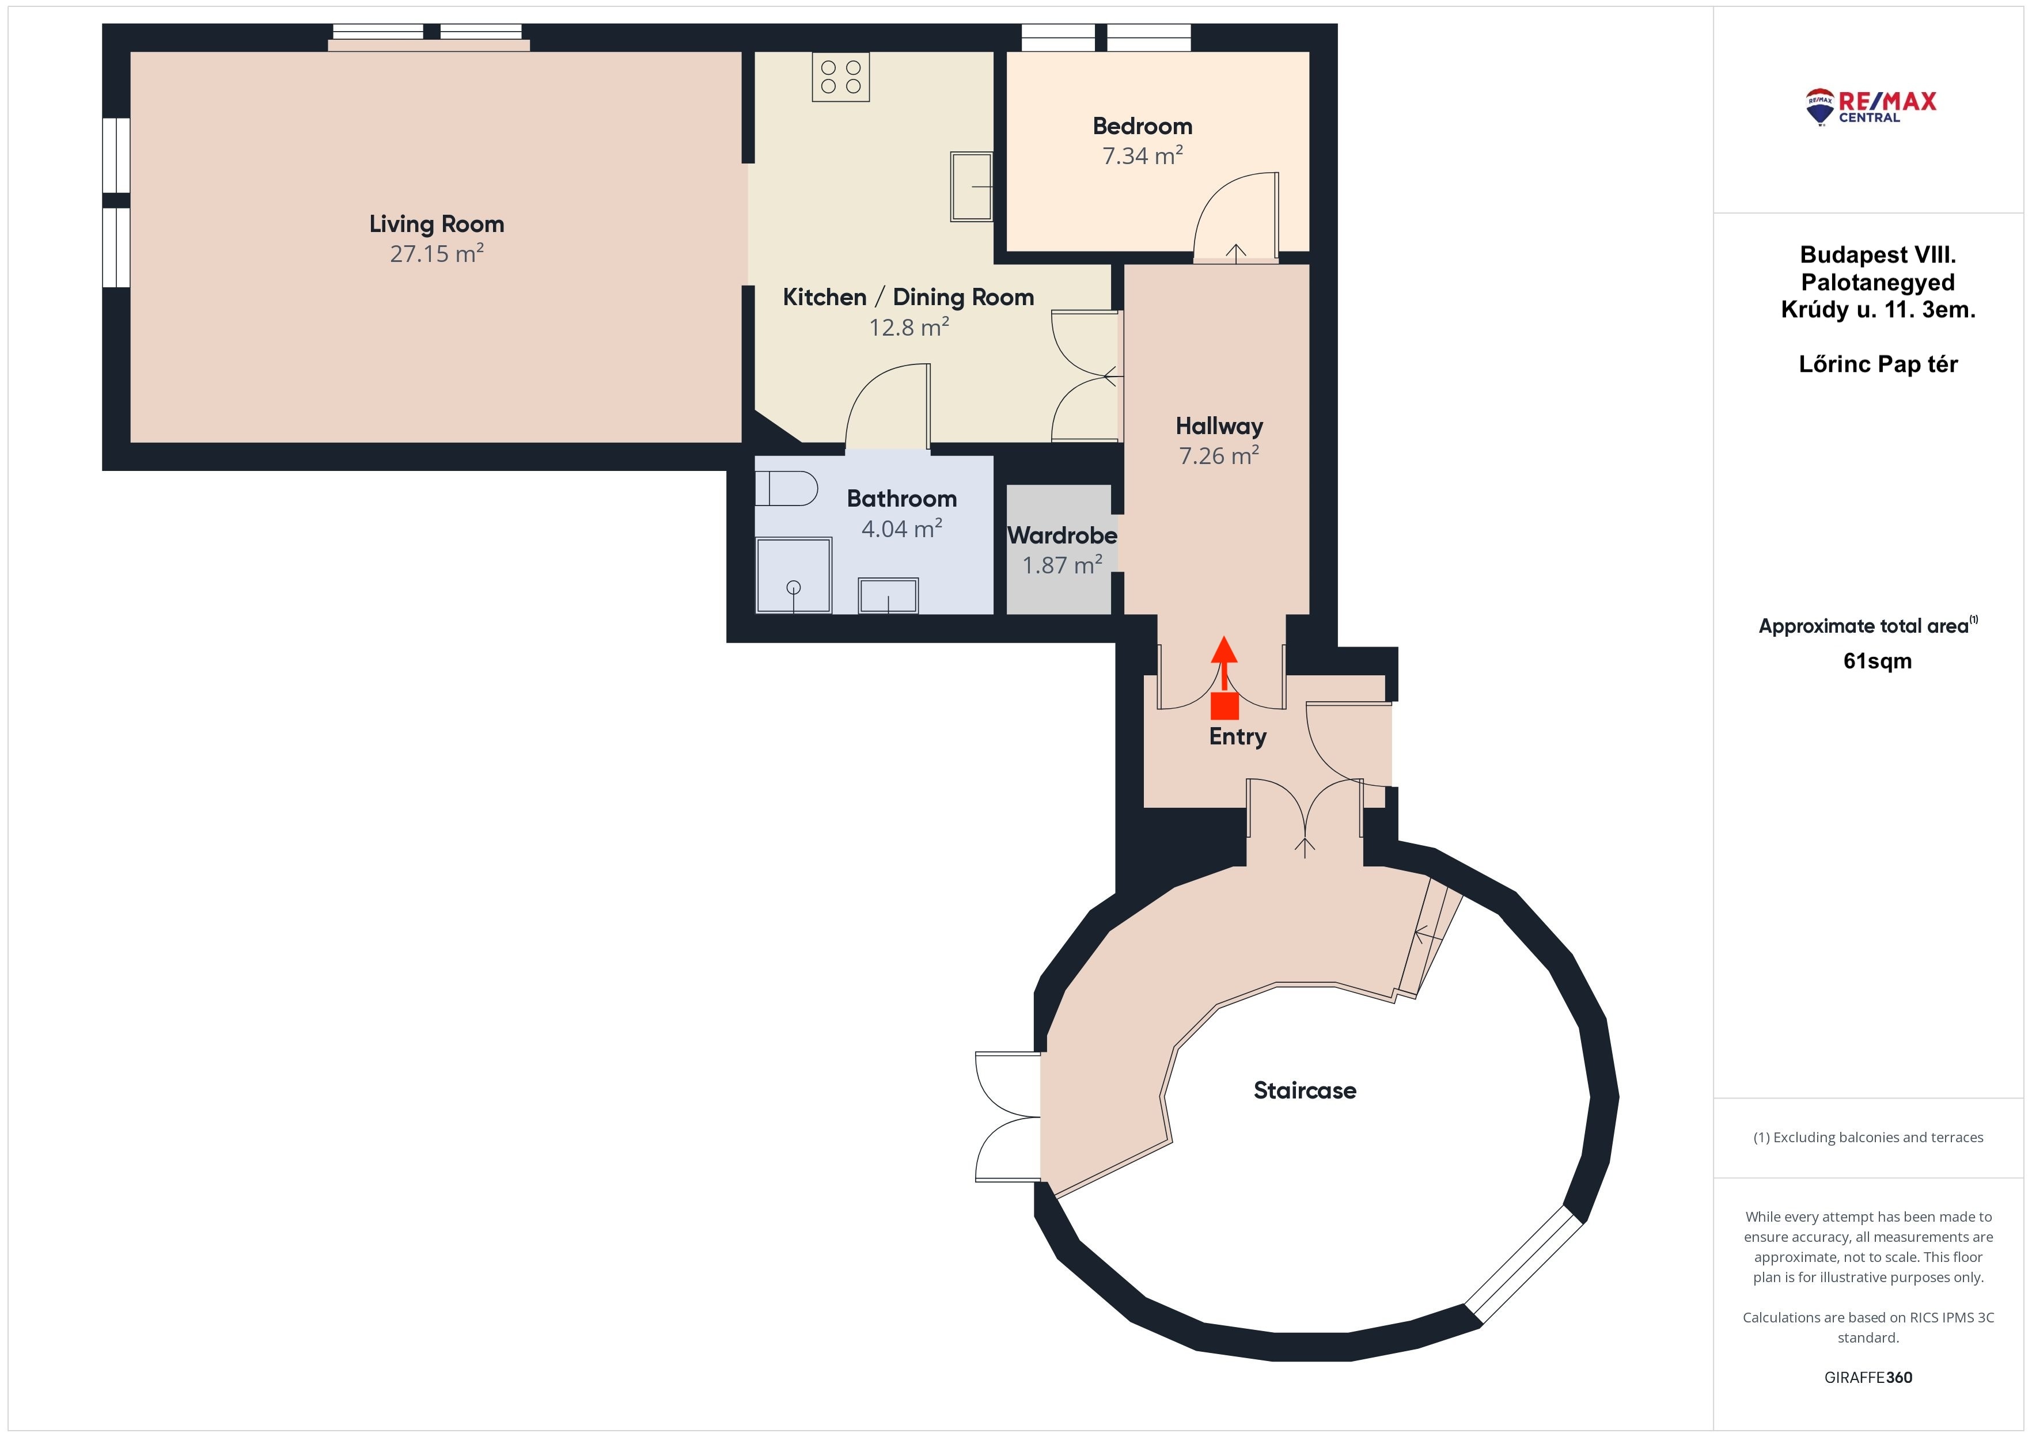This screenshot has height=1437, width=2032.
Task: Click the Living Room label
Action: [x=437, y=225]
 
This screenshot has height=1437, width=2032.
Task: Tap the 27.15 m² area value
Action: [x=437, y=254]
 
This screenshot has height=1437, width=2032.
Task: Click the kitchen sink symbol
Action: [x=971, y=187]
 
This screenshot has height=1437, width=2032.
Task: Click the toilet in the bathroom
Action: [x=786, y=488]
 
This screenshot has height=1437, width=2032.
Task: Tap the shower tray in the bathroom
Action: [x=793, y=575]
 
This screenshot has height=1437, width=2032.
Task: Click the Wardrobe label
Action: [x=1062, y=535]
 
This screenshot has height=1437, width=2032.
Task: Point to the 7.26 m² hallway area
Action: [x=1219, y=456]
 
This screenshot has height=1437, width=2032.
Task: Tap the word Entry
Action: [x=1237, y=737]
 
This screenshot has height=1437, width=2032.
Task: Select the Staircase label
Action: [x=1305, y=1090]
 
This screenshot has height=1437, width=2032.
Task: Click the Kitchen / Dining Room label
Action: [x=908, y=297]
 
